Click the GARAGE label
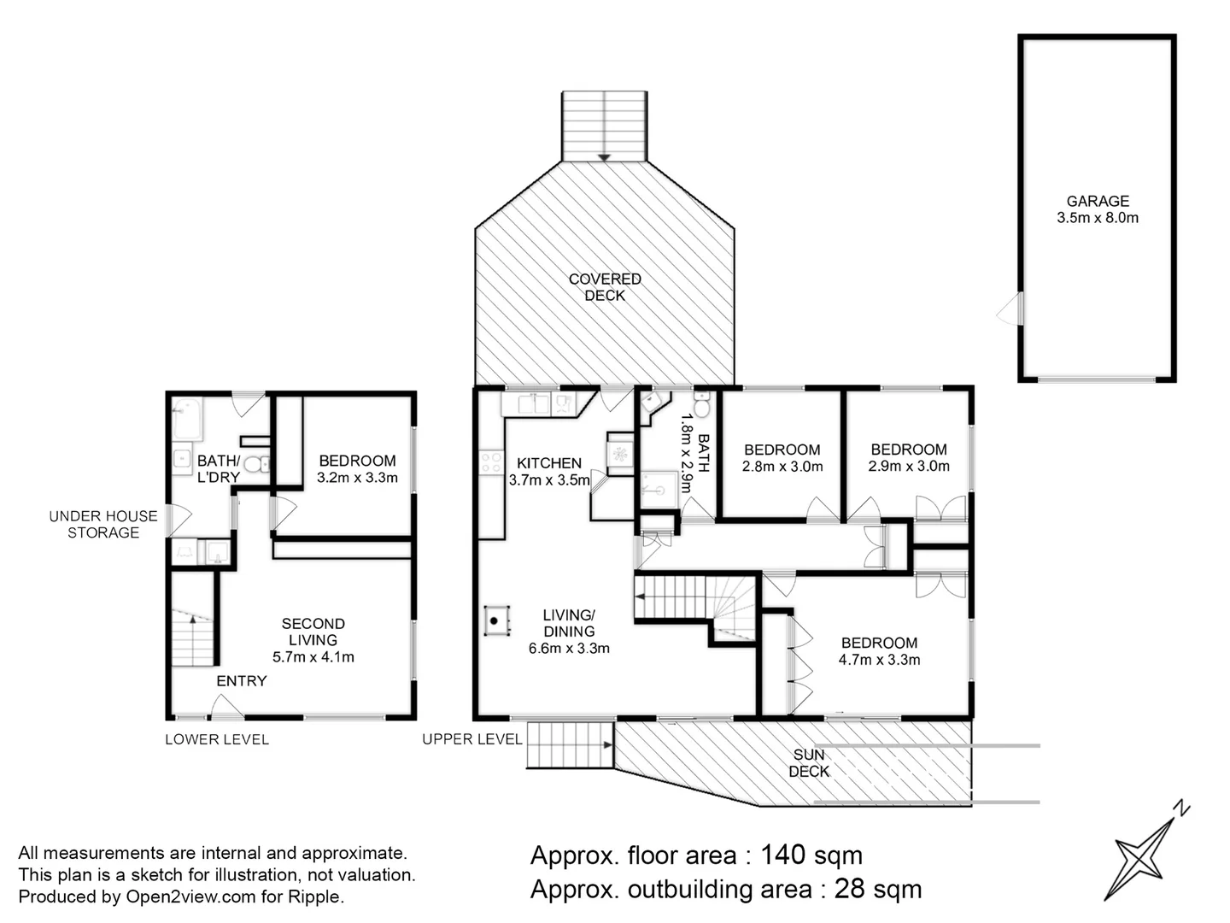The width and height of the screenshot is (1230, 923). (1098, 201)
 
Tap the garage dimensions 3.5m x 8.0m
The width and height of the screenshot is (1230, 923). (1098, 218)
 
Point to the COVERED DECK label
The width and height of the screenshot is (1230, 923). (605, 287)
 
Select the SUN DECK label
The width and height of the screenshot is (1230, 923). (809, 762)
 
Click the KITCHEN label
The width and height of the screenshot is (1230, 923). (549, 463)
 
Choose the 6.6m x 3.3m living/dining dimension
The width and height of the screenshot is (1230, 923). (569, 649)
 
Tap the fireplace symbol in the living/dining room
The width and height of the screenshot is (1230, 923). (496, 620)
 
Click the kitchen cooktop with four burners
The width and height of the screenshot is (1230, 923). (491, 463)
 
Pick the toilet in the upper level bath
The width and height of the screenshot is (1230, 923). (702, 404)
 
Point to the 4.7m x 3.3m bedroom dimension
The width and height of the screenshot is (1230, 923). (879, 660)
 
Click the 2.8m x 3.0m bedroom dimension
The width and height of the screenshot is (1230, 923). (782, 467)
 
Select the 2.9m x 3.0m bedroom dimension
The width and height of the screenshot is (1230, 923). (909, 467)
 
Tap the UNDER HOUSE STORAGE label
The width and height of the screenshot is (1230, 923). (103, 524)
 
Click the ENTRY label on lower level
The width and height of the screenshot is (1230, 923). (242, 681)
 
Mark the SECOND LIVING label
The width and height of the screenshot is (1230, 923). (313, 632)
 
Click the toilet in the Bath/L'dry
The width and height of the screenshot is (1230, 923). (257, 465)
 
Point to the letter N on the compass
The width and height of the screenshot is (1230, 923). (1181, 808)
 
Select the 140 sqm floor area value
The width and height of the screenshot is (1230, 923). (811, 855)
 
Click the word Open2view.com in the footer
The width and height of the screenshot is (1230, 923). (190, 897)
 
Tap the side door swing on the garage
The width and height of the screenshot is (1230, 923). (1010, 309)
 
